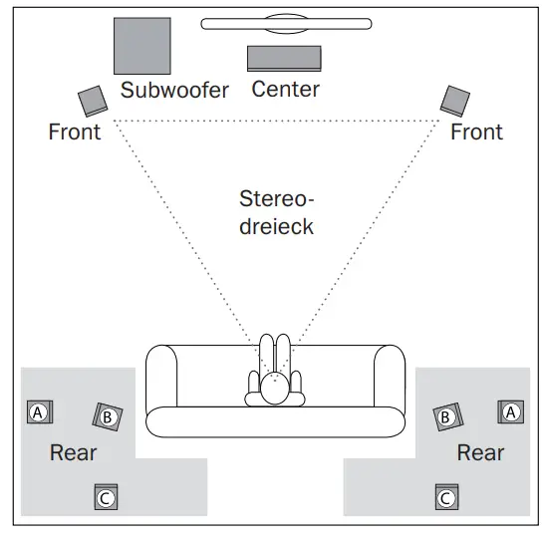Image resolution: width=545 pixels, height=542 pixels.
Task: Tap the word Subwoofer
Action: click(174, 91)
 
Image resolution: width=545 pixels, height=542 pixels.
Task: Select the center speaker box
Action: click(284, 58)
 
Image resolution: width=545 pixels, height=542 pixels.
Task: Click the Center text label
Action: click(285, 90)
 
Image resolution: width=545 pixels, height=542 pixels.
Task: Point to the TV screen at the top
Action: click(286, 23)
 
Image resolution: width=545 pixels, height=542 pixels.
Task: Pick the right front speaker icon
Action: click(455, 100)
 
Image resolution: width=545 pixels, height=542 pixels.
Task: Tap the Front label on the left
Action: click(74, 132)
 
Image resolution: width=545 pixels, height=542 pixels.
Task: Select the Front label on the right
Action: click(476, 132)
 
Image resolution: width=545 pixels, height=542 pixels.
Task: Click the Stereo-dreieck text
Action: click(277, 211)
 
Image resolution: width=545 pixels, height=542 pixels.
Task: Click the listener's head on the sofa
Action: click(275, 392)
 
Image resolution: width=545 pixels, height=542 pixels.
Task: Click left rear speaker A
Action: click(39, 411)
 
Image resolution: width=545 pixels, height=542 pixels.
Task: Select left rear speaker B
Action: click(108, 416)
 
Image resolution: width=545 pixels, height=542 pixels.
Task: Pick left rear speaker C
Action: click(106, 496)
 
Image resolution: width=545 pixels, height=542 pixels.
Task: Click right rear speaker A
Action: click(510, 411)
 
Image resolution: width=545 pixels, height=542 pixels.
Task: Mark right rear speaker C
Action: click(446, 496)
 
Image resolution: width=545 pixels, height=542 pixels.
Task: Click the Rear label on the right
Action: click(480, 452)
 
